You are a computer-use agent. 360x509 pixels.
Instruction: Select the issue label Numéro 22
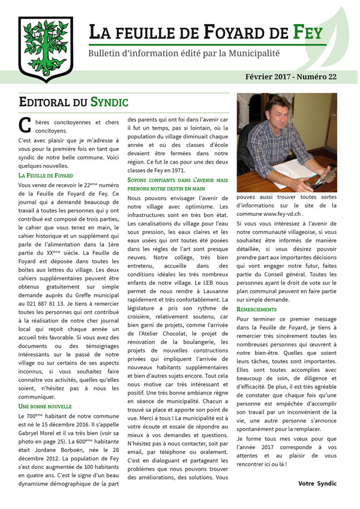(x=316, y=77)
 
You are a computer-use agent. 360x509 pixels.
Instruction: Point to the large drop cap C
(x=25, y=125)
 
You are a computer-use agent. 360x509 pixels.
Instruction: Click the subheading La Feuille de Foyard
(x=46, y=175)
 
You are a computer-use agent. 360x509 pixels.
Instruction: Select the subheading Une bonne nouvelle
(x=46, y=406)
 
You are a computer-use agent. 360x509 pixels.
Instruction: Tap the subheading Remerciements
(x=257, y=309)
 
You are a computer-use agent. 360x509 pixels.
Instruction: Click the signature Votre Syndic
(x=317, y=483)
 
